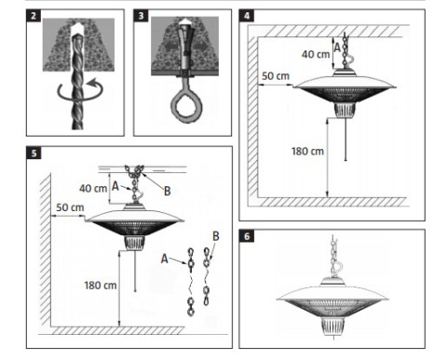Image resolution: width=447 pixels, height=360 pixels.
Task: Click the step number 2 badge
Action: [x=34, y=16]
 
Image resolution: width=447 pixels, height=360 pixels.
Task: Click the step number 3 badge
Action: [x=141, y=16]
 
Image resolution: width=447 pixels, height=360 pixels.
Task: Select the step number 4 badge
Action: [x=247, y=16]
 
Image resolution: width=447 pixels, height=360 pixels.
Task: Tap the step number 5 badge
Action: [x=34, y=153]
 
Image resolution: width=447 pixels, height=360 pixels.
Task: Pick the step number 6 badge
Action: [x=247, y=236]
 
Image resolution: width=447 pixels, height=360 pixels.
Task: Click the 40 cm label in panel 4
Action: [x=316, y=54]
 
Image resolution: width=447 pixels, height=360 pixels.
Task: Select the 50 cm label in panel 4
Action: [x=276, y=76]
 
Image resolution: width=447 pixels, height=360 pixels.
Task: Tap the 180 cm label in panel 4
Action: [x=307, y=152]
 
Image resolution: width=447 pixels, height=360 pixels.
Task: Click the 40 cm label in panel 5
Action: [x=93, y=188]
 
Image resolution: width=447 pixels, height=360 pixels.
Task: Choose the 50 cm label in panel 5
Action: [x=70, y=207]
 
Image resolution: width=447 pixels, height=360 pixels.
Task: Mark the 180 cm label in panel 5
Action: [x=101, y=286]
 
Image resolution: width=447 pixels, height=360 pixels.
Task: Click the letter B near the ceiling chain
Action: [x=168, y=191]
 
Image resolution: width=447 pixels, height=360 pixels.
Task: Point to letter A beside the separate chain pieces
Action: [x=165, y=259]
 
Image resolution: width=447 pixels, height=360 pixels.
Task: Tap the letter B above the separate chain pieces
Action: [x=216, y=236]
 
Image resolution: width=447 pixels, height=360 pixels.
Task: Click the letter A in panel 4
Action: [x=337, y=47]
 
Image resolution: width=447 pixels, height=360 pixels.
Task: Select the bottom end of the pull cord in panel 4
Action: [x=345, y=160]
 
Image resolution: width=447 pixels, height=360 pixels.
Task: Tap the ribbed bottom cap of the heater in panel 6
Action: [x=332, y=326]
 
